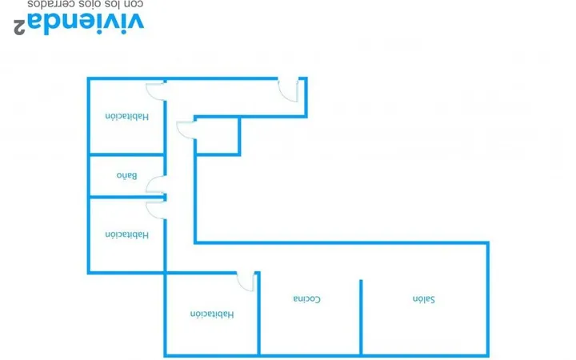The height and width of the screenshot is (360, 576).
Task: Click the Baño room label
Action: pyautogui.click(x=126, y=175)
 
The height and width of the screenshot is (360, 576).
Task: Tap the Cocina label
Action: pyautogui.click(x=306, y=299)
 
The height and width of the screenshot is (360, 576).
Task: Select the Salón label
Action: pyautogui.click(x=423, y=299)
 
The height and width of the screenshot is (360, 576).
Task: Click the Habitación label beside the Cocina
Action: pyautogui.click(x=211, y=314)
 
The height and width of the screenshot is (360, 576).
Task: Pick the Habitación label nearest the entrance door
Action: pyautogui.click(x=127, y=117)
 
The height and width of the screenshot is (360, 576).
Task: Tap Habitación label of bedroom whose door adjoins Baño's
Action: pyautogui.click(x=127, y=234)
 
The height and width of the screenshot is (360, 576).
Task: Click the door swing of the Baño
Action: pyautogui.click(x=154, y=185)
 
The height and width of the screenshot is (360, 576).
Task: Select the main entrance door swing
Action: pyautogui.click(x=288, y=90)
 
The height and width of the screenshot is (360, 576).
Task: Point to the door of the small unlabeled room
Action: pyautogui.click(x=186, y=130)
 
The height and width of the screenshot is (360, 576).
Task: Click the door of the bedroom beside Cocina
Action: pyautogui.click(x=246, y=282)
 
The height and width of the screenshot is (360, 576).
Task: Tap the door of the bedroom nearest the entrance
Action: pyautogui.click(x=154, y=91)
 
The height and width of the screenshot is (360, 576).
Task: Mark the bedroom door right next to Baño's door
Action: pyautogui.click(x=154, y=210)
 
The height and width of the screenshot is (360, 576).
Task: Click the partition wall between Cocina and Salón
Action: pyautogui.click(x=361, y=318)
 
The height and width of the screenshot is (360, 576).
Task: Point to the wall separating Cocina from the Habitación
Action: pyautogui.click(x=258, y=314)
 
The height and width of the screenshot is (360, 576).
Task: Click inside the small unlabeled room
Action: pyautogui.click(x=217, y=136)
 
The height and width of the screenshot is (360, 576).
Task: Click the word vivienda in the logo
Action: pyautogui.click(x=94, y=24)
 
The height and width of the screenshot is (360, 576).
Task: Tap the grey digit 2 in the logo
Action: pyautogui.click(x=19, y=27)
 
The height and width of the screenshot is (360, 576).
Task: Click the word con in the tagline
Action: pyautogui.click(x=134, y=5)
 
